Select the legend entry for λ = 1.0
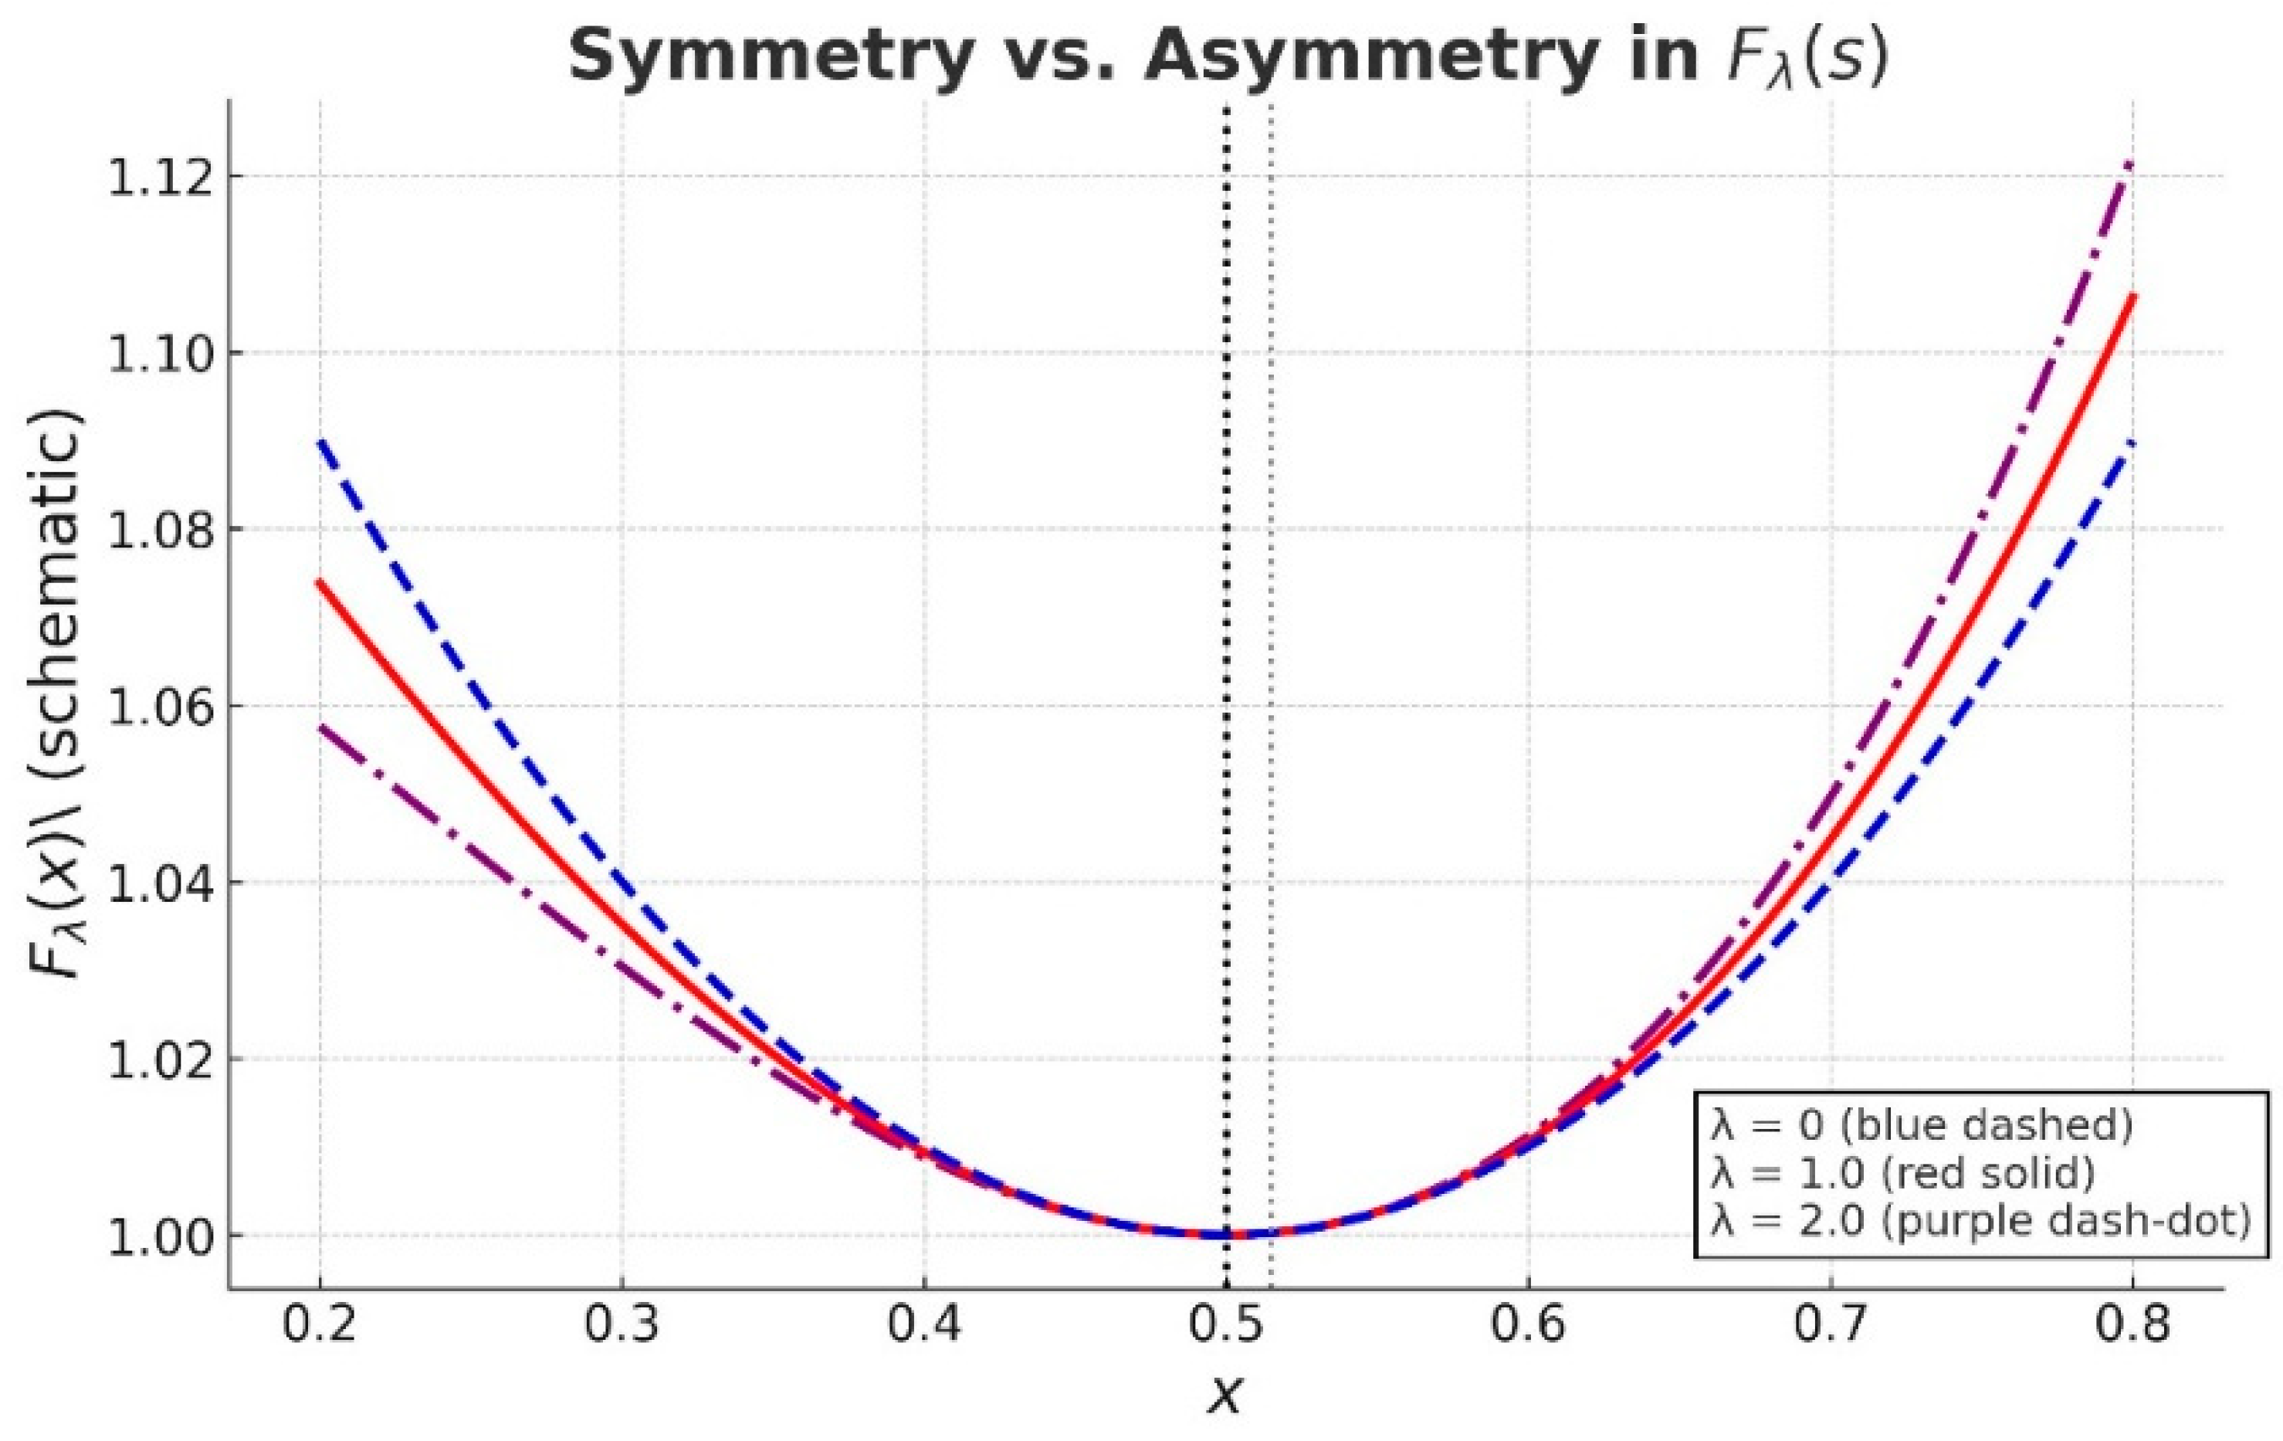(1902, 1174)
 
